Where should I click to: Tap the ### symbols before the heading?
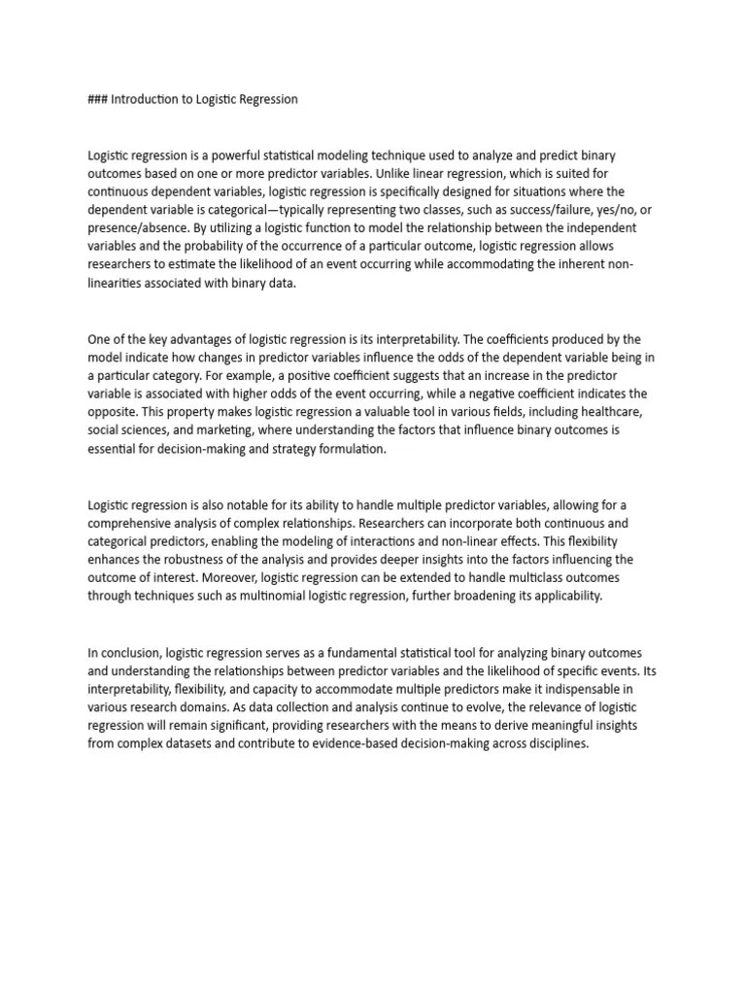[x=98, y=99]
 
